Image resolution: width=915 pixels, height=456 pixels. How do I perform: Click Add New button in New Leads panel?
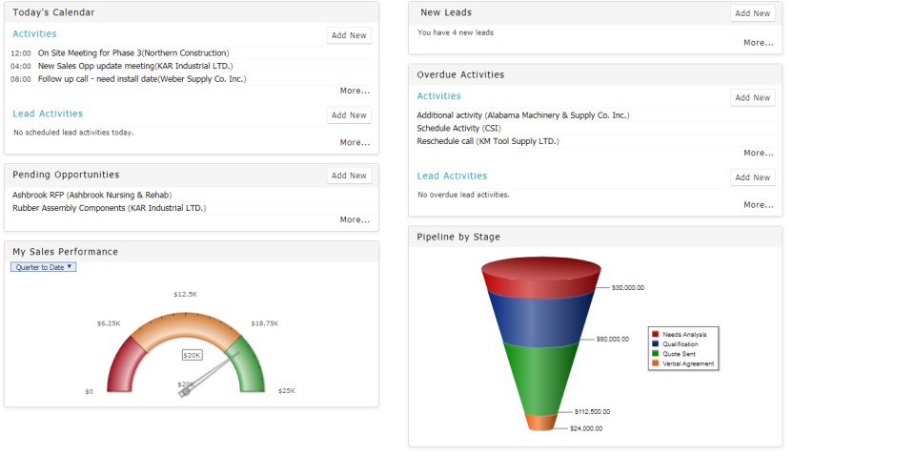[x=752, y=13]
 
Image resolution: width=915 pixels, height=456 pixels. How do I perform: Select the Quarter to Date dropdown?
[x=43, y=267]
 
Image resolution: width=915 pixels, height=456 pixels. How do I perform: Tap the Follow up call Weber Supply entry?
[x=142, y=79]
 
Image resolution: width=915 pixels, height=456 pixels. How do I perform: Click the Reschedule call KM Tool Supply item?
[x=488, y=141]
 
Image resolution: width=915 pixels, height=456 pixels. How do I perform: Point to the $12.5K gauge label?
[x=185, y=295]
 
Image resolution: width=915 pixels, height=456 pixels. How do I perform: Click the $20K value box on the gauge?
[x=193, y=355]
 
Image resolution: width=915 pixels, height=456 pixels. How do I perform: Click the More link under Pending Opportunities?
[x=355, y=220]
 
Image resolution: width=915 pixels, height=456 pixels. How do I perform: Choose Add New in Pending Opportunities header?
[x=348, y=176]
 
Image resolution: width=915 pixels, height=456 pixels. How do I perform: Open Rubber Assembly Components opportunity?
[x=109, y=208]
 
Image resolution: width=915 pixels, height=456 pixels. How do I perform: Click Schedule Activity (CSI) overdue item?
[x=458, y=128]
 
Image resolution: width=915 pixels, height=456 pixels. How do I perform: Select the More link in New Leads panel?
[x=758, y=43]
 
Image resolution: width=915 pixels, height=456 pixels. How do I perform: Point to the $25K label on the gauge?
[x=286, y=391]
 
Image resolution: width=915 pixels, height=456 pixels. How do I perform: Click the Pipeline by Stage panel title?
[x=458, y=238]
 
